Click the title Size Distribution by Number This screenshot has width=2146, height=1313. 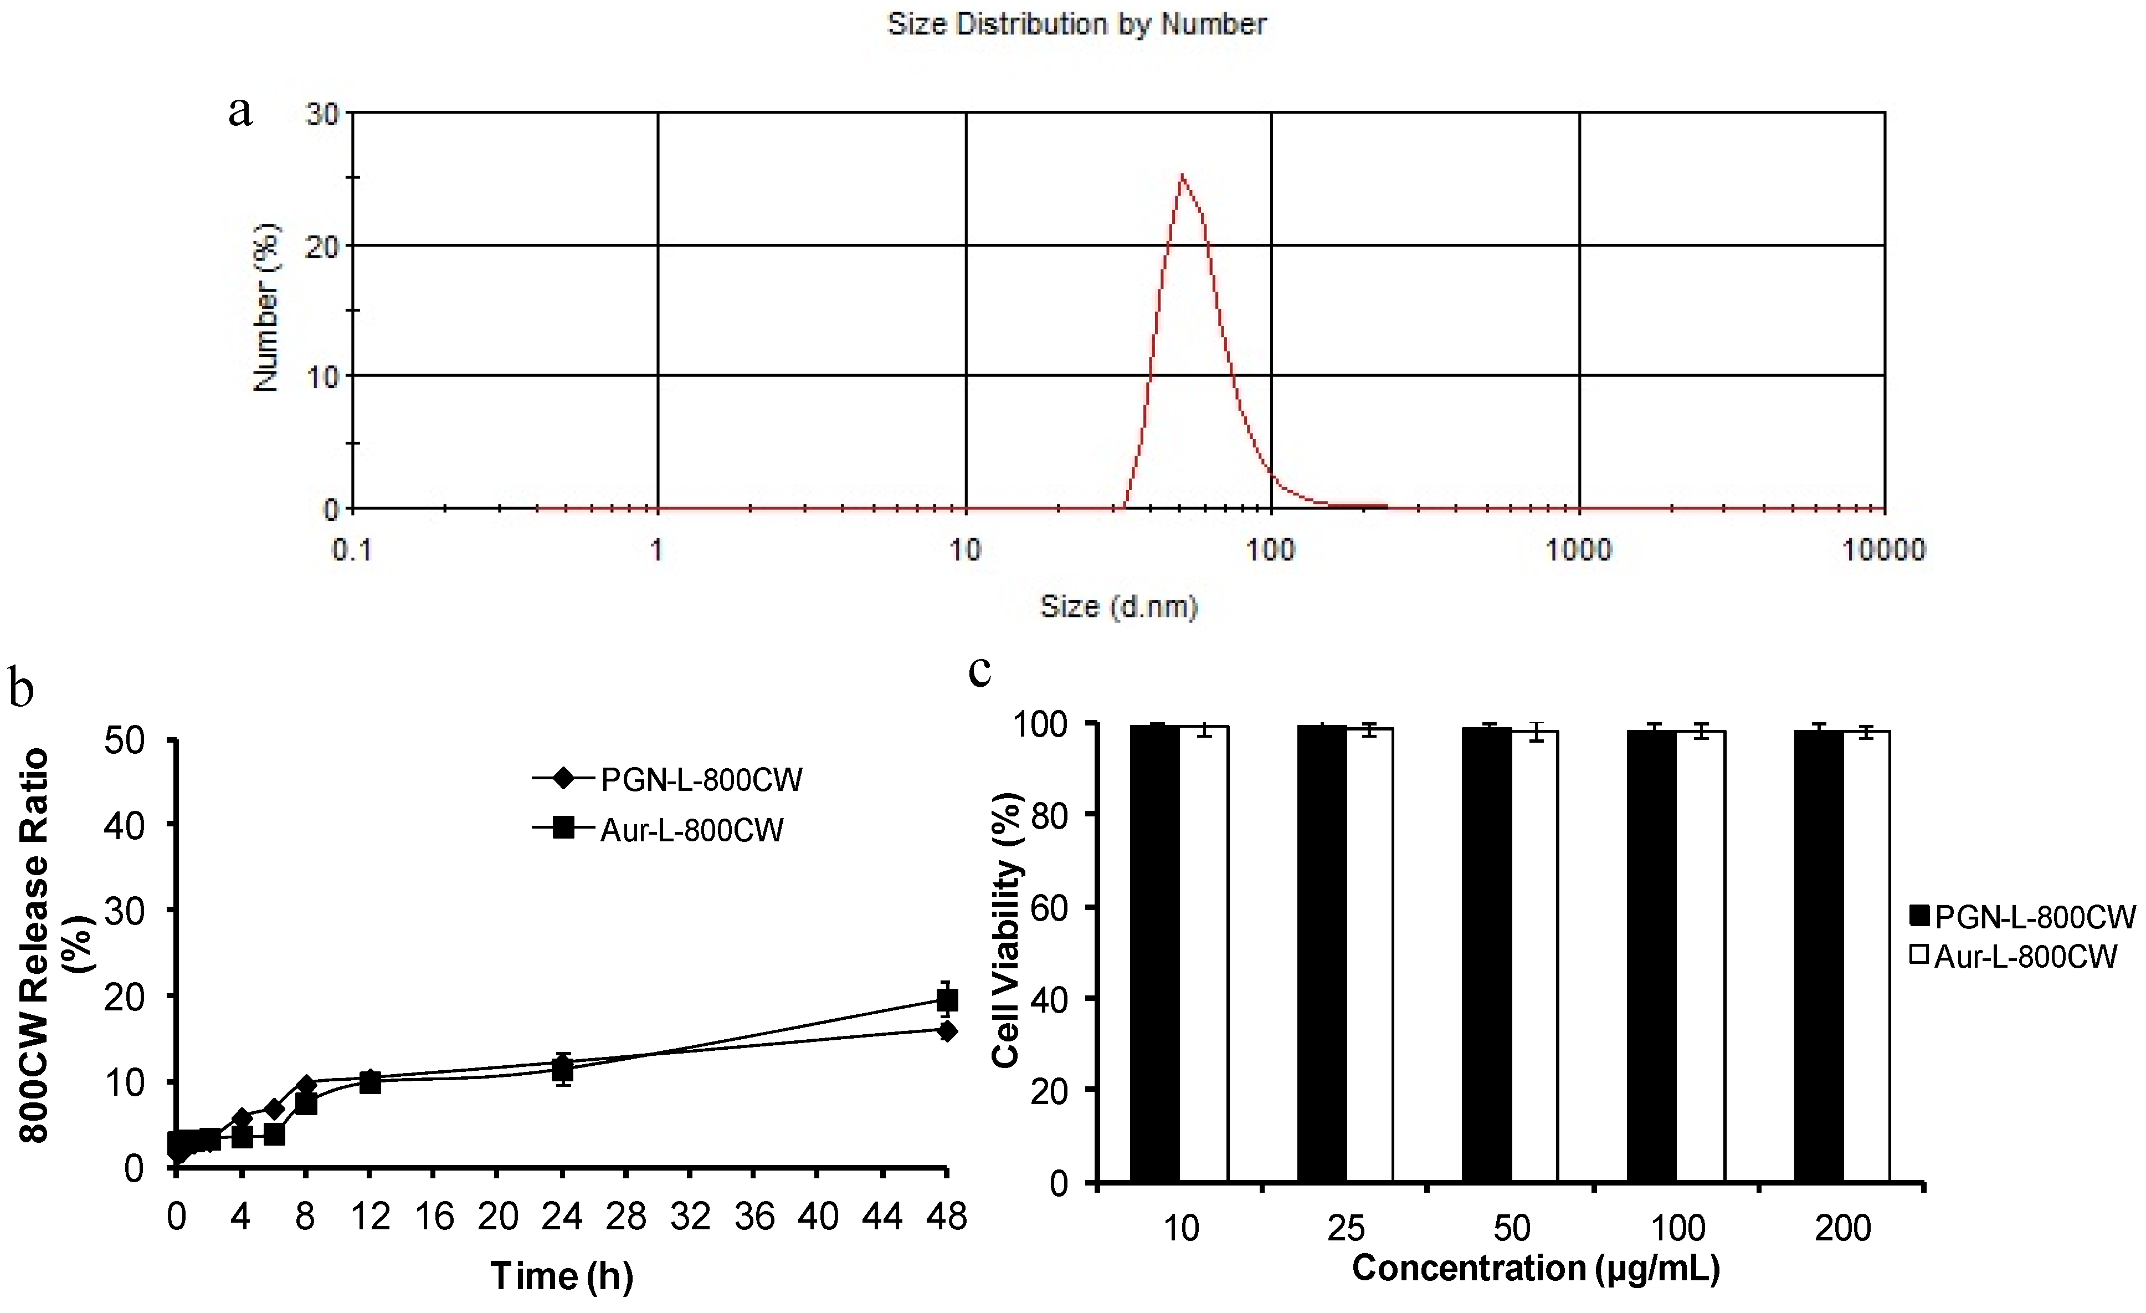pyautogui.click(x=1076, y=24)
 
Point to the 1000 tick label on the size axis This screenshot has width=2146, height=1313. pyautogui.click(x=1578, y=550)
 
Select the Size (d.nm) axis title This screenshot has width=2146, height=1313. pyautogui.click(x=1119, y=606)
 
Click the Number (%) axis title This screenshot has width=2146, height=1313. pyautogui.click(x=266, y=308)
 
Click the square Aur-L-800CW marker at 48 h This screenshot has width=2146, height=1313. pyautogui.click(x=947, y=999)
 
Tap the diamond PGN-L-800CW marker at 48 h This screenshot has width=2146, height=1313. pyautogui.click(x=947, y=1031)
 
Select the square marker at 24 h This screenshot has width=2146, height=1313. pyautogui.click(x=563, y=1069)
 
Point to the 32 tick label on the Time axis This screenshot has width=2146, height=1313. pyautogui.click(x=690, y=1217)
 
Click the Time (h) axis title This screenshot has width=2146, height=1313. pyautogui.click(x=562, y=1275)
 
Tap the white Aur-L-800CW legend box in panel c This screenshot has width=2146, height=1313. pyautogui.click(x=1919, y=955)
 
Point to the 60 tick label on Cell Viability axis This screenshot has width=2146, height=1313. pyautogui.click(x=1050, y=908)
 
